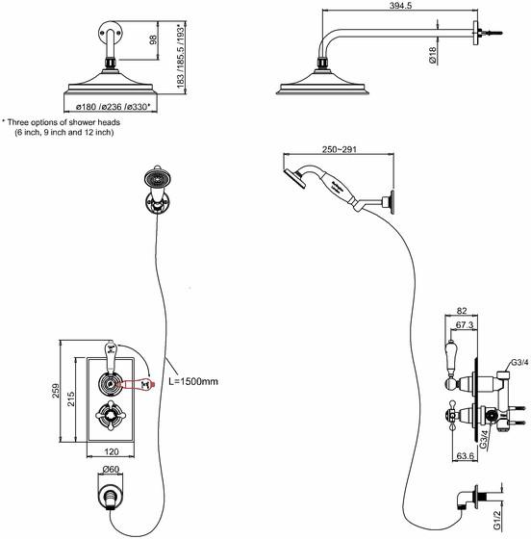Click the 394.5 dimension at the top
(400, 5)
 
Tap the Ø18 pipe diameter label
(433, 56)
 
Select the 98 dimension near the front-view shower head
(154, 39)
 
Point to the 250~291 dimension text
(339, 149)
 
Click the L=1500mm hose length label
(193, 381)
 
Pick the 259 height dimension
(55, 391)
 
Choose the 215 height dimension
(71, 398)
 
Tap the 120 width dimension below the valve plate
(111, 451)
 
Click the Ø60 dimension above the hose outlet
(111, 469)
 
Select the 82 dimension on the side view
(462, 311)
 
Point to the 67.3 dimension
(465, 325)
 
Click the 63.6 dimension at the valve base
(466, 456)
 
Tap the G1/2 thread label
(496, 520)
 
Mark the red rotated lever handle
(138, 384)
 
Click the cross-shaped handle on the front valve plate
(111, 416)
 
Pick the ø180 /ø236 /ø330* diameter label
(113, 107)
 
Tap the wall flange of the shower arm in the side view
(475, 34)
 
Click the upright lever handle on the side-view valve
(450, 358)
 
